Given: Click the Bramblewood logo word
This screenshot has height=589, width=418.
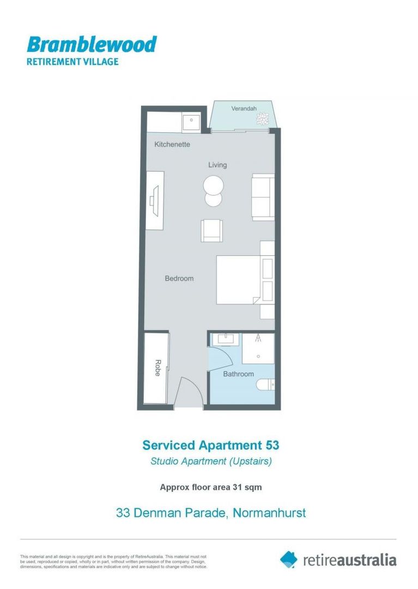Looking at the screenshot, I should (92, 44).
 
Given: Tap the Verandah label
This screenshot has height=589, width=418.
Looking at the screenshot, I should (244, 109).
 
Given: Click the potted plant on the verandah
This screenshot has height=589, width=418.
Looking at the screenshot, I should (263, 118).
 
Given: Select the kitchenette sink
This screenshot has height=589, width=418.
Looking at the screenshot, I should (191, 122).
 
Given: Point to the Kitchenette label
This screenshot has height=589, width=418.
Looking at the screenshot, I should (172, 145).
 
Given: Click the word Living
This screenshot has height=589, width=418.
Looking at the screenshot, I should (217, 165).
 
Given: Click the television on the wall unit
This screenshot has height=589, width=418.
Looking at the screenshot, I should (155, 200).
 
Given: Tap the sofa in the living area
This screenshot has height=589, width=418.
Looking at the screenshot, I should (263, 197).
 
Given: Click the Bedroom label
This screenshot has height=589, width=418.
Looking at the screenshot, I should (179, 279).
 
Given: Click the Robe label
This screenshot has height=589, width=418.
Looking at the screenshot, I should (157, 368).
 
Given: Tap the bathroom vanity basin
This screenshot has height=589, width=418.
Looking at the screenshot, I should (225, 339).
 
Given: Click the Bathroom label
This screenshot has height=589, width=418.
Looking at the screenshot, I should (238, 374).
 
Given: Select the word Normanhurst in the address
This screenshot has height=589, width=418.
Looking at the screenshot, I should (269, 513).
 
